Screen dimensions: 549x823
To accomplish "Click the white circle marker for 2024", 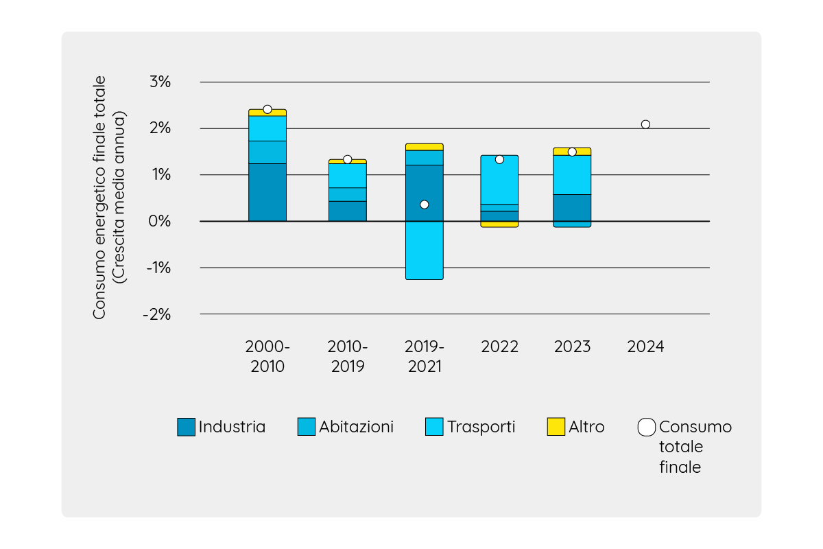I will pyautogui.click(x=645, y=124).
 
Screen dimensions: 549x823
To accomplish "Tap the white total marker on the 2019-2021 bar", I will pyautogui.click(x=424, y=205).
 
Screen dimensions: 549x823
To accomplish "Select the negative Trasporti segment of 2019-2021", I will pyautogui.click(x=424, y=250).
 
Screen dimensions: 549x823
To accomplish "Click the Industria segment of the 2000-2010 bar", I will pyautogui.click(x=267, y=192).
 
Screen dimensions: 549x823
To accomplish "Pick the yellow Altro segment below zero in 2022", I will pyautogui.click(x=499, y=224).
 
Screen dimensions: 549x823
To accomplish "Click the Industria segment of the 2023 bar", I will pyautogui.click(x=572, y=208).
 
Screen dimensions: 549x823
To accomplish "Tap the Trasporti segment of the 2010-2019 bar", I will pyautogui.click(x=348, y=176).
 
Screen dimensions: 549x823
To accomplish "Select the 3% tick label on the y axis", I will pyautogui.click(x=159, y=82).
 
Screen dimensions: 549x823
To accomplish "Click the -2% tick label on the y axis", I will pyautogui.click(x=158, y=314).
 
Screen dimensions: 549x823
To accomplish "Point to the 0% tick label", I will pyautogui.click(x=159, y=222).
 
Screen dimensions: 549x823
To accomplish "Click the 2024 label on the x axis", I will pyautogui.click(x=645, y=347).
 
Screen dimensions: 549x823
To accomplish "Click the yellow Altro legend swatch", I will pyautogui.click(x=556, y=427).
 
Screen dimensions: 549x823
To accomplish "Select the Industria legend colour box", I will pyautogui.click(x=186, y=427).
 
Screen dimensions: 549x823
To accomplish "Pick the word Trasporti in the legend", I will pyautogui.click(x=481, y=427).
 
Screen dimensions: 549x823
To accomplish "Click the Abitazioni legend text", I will pyautogui.click(x=356, y=427).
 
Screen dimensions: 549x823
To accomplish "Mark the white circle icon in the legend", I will pyautogui.click(x=646, y=427).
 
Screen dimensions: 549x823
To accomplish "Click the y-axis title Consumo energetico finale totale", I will pyautogui.click(x=100, y=198).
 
